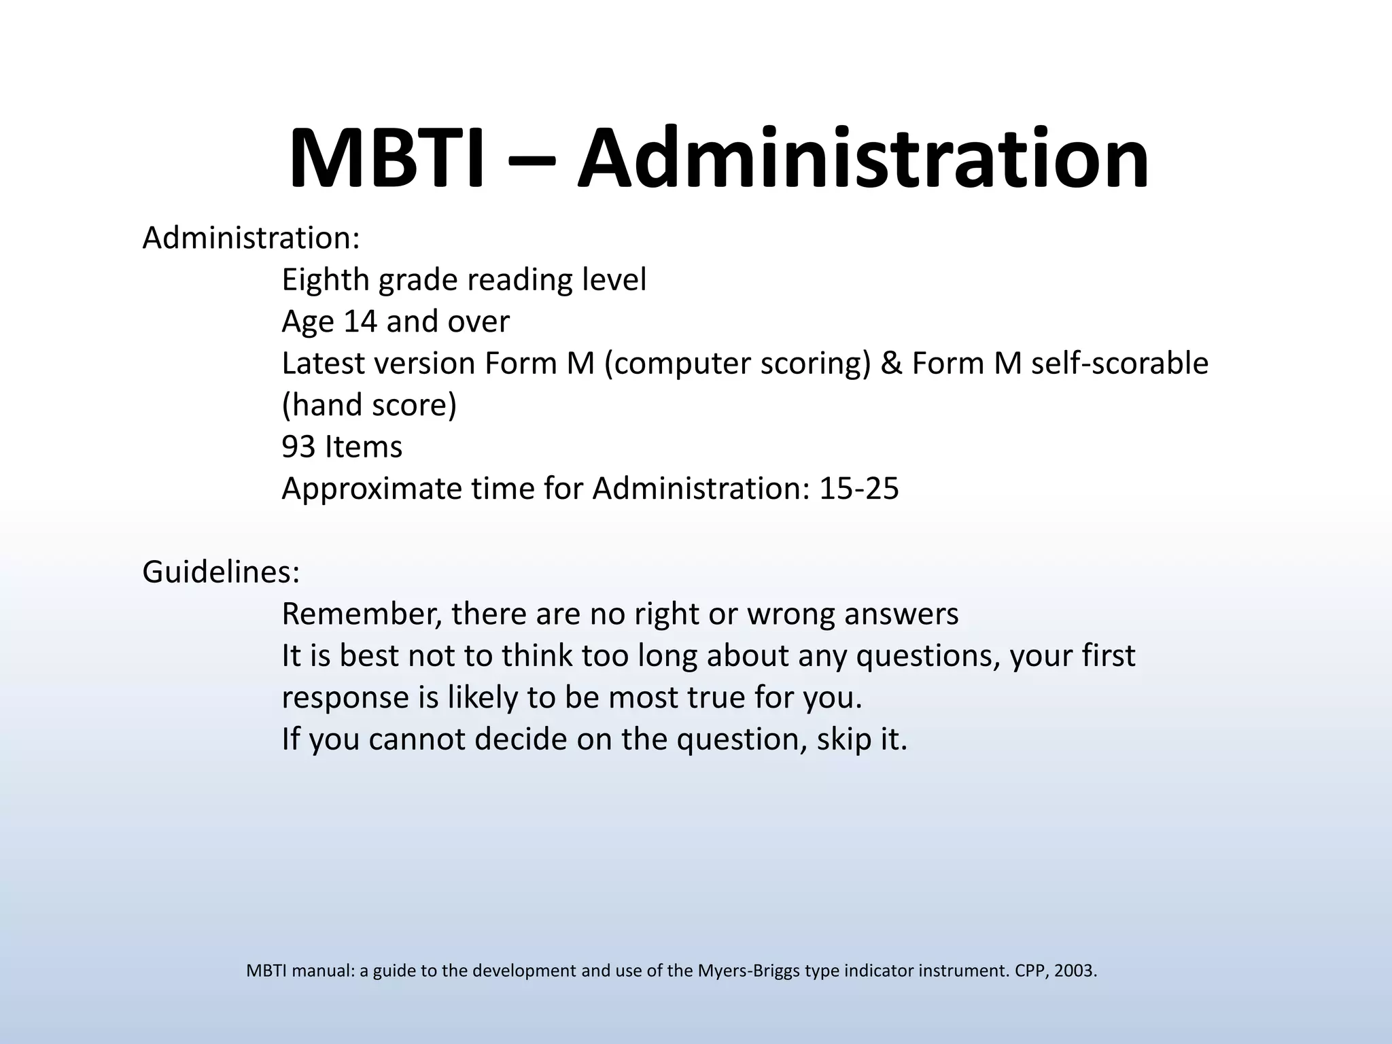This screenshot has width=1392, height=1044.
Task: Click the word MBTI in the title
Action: point(387,159)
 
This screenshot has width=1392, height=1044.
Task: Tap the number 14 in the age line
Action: point(360,321)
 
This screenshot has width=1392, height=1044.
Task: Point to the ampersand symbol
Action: point(891,364)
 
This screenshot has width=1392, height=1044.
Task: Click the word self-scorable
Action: point(1119,364)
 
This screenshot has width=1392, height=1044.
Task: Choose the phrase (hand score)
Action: point(369,406)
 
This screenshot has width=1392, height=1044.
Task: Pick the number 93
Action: point(298,447)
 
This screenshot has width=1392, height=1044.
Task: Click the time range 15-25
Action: point(859,489)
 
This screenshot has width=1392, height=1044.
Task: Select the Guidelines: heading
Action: point(221,572)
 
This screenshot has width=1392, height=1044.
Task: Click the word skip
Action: point(843,739)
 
